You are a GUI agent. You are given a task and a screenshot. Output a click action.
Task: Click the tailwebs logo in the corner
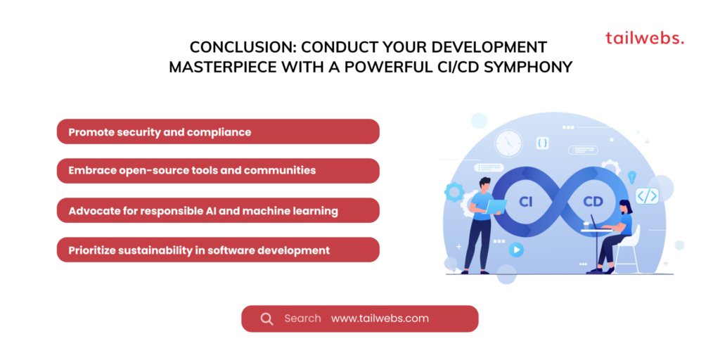(x=645, y=38)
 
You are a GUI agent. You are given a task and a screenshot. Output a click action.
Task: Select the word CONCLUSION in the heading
(x=238, y=47)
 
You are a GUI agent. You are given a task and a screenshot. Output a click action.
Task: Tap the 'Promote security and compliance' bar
(x=218, y=131)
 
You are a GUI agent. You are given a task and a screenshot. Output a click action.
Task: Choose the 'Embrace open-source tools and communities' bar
(x=218, y=171)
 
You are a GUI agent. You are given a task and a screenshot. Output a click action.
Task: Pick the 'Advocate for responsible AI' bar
(x=218, y=210)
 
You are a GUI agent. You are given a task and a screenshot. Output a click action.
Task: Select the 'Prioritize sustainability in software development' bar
(x=218, y=250)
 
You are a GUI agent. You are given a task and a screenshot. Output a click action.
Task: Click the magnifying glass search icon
(x=266, y=319)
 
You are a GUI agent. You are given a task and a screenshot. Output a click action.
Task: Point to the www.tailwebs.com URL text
(x=380, y=319)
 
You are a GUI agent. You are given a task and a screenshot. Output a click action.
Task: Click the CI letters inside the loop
(x=526, y=202)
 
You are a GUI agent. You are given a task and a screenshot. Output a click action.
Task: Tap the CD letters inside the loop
(x=593, y=202)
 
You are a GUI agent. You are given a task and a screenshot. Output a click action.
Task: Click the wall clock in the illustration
(x=509, y=143)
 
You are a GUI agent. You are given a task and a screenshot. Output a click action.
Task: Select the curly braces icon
(x=543, y=143)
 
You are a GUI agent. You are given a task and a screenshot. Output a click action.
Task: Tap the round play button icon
(x=516, y=250)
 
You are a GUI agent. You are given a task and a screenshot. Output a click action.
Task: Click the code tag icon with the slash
(x=648, y=196)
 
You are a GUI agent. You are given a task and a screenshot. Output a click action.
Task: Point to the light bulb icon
(x=632, y=176)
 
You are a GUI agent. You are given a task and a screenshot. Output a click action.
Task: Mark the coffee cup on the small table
(x=586, y=225)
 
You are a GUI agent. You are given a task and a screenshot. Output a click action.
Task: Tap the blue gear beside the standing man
(x=454, y=192)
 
